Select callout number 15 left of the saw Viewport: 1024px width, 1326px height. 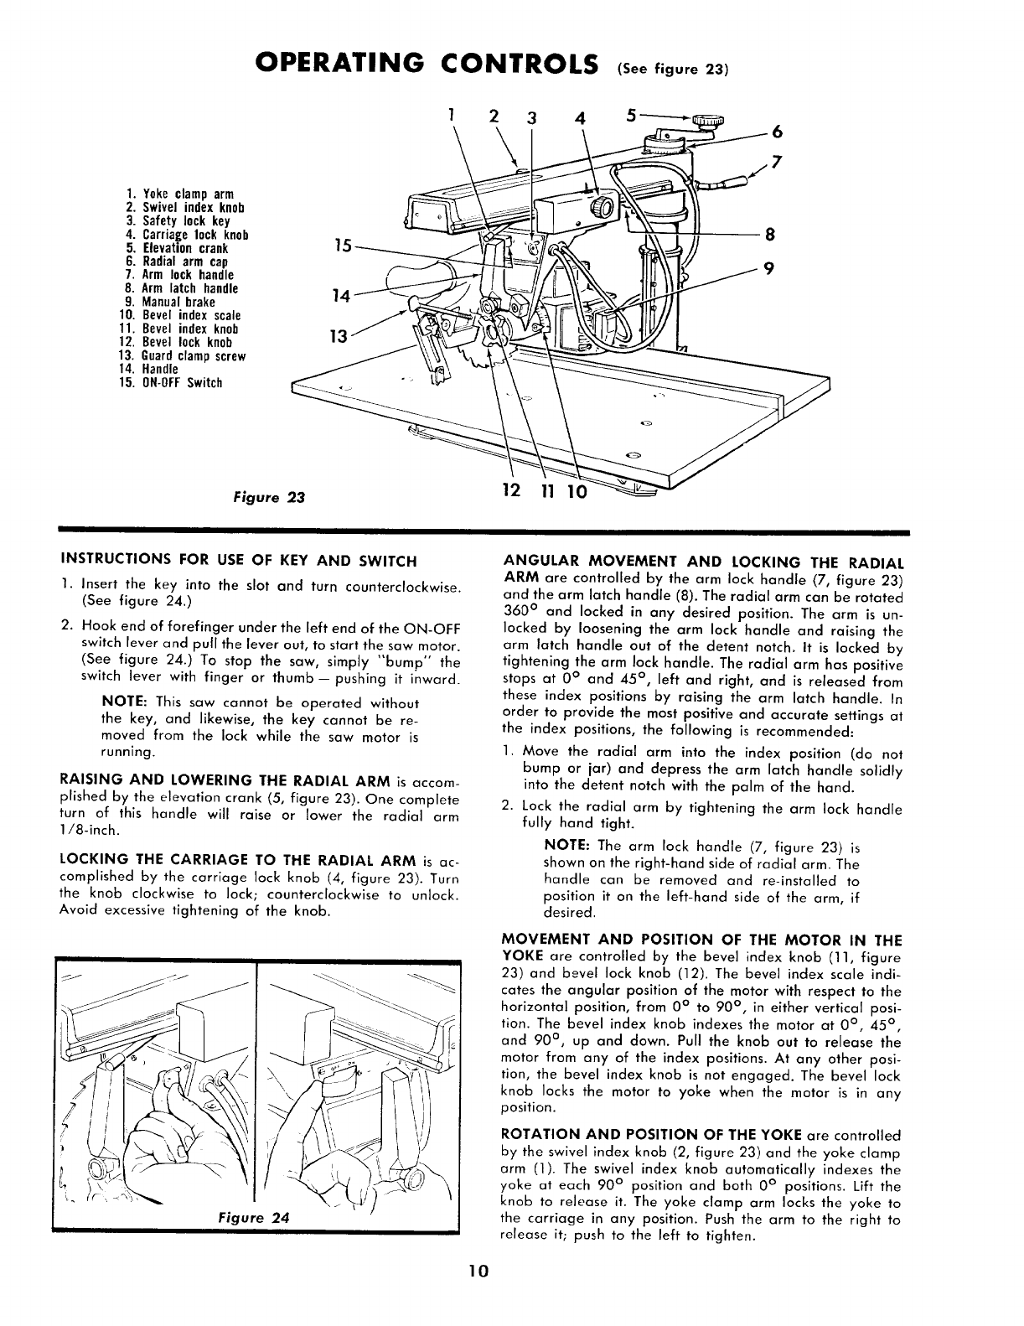pyautogui.click(x=341, y=246)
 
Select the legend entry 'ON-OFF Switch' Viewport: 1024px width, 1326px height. pyautogui.click(x=171, y=383)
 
